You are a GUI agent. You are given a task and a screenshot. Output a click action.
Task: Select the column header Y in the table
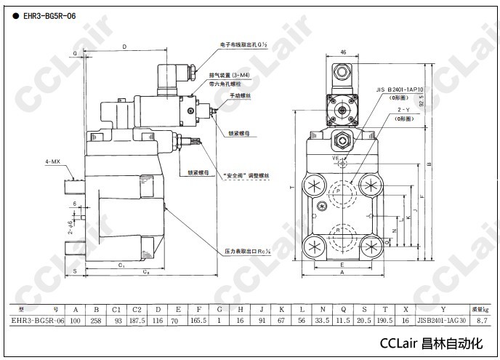tap(443, 308)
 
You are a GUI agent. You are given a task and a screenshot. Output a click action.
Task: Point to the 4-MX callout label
tap(53, 161)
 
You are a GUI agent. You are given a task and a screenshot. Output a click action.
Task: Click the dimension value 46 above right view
tap(343, 52)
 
